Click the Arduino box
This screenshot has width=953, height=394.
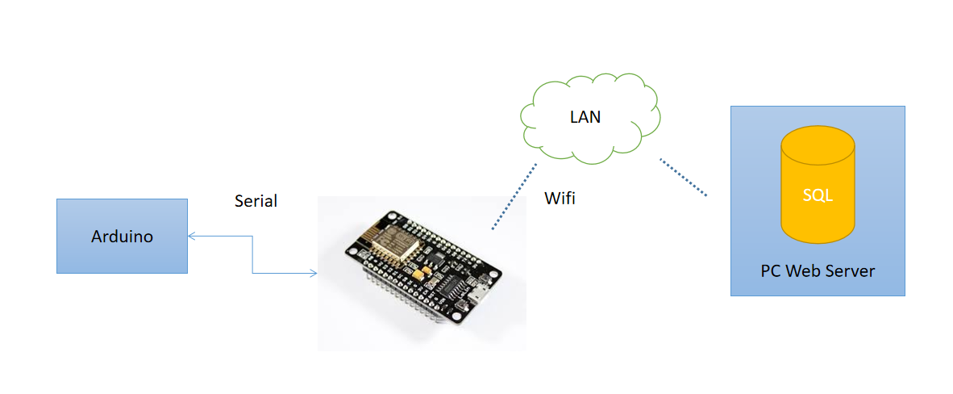pyautogui.click(x=122, y=237)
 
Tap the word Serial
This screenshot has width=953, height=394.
pyautogui.click(x=256, y=201)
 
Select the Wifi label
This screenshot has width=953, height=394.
pyautogui.click(x=560, y=199)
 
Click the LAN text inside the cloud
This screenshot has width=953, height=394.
pyautogui.click(x=585, y=117)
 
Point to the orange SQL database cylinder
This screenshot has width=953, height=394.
pyautogui.click(x=817, y=194)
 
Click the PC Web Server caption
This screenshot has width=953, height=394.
pyautogui.click(x=818, y=271)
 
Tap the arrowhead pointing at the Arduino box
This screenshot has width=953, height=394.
pyautogui.click(x=192, y=237)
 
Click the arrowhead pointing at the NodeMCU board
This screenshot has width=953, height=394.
pyautogui.click(x=312, y=274)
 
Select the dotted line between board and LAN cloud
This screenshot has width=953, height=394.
pyautogui.click(x=514, y=196)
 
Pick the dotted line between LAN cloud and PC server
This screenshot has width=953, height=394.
pyautogui.click(x=683, y=178)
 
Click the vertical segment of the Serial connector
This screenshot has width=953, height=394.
pyautogui.click(x=252, y=255)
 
